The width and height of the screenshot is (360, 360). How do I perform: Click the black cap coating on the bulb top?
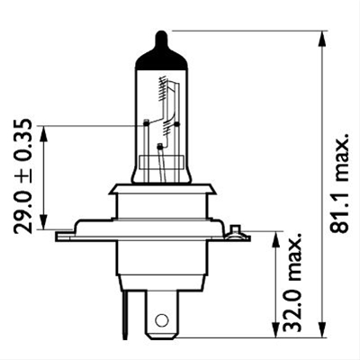coord(161,56)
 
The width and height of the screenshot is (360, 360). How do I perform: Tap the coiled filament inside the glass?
coord(162,90)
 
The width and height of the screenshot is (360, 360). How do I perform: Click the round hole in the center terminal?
coord(162,319)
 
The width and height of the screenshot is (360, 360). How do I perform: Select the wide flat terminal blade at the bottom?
coord(162,310)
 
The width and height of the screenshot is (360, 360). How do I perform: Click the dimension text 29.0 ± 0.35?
coord(24,175)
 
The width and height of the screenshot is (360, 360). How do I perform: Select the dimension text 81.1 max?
coord(339,184)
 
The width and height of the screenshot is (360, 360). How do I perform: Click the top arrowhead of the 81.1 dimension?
coord(321,37)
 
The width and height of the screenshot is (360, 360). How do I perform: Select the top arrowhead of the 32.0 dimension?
coord(274,237)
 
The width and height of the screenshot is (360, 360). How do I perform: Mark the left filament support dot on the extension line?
coord(146,121)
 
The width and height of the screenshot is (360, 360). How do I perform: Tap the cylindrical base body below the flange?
coord(162,261)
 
